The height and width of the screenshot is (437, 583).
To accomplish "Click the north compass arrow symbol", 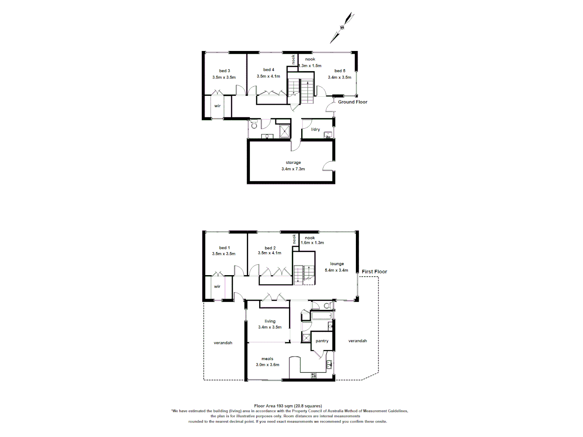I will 342,28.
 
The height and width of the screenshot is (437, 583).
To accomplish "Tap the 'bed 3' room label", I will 224,71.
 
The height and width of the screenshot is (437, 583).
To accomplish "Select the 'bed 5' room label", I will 340,71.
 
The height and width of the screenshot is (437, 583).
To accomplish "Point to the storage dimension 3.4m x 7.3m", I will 293,169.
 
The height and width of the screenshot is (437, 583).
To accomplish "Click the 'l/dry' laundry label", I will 315,129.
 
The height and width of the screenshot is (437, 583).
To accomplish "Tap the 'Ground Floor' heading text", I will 353,102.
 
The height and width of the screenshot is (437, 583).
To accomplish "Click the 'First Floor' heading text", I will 374,272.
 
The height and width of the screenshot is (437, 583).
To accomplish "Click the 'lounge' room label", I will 337,264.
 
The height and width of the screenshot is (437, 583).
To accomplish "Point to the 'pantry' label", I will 322,341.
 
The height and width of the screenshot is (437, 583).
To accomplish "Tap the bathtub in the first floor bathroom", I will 321,315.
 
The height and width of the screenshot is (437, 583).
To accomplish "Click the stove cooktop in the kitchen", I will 314,375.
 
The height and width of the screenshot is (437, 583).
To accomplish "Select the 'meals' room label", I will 267,359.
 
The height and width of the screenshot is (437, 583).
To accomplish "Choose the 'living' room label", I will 270,321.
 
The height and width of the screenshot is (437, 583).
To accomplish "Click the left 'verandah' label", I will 223,343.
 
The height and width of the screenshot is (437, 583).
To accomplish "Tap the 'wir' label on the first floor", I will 217,286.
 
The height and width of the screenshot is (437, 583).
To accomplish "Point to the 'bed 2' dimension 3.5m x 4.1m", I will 270,253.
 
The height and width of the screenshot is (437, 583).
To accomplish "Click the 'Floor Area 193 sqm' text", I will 288,406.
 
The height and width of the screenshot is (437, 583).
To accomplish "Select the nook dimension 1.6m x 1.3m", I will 312,243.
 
